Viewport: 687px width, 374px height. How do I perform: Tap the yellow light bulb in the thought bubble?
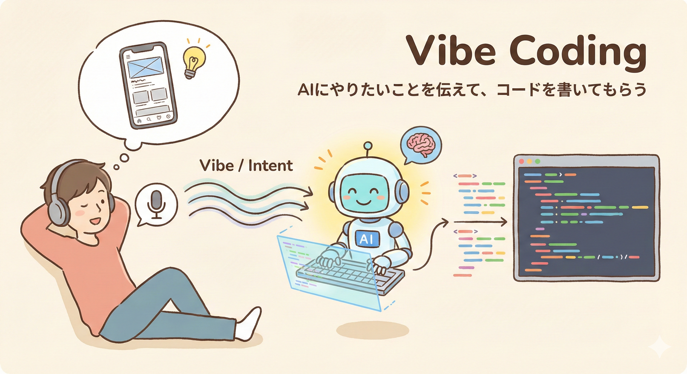pyautogui.click(x=194, y=62)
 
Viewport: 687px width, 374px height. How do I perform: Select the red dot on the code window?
pyautogui.click(x=521, y=161)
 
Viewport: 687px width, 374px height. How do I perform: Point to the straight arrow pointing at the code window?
pyautogui.click(x=480, y=222)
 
